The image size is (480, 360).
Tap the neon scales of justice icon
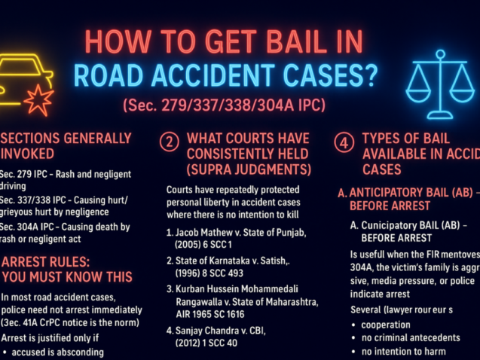pyautogui.click(x=440, y=84)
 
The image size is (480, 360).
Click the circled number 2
pyautogui.click(x=170, y=142)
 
